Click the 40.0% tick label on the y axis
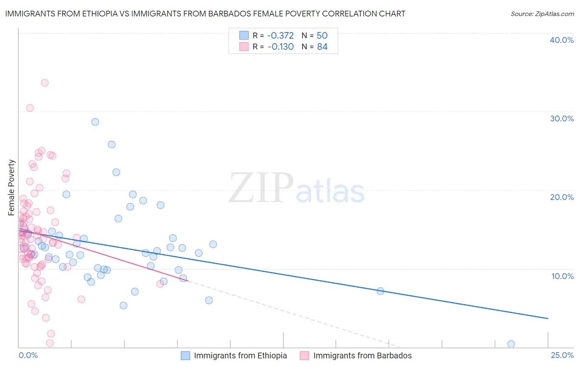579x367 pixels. coord(562,40)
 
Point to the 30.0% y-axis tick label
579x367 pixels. coord(562,118)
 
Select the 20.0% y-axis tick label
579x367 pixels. coord(562,197)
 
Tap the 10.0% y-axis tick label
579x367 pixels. coord(563,276)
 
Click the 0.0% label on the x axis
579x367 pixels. coord(28,355)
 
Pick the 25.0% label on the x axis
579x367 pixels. coord(562,355)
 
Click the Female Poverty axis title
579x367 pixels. coord(12,188)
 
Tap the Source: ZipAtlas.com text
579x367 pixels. coord(542,14)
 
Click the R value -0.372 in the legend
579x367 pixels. coord(280,36)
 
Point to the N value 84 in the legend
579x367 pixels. coord(322,47)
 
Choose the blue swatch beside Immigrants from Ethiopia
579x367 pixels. coord(186,356)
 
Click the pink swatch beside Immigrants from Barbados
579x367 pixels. coord(304,356)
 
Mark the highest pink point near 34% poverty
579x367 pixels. coord(45,83)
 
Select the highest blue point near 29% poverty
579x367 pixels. coord(95,122)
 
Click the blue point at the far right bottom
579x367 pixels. coord(511,344)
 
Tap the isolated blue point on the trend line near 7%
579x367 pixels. coord(381,291)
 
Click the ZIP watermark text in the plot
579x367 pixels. coord(261,188)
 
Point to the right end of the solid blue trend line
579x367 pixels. coord(548,318)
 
